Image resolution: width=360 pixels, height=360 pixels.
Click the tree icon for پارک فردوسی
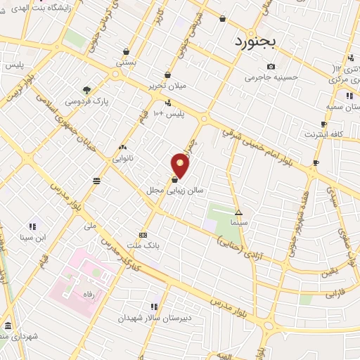click(86, 90)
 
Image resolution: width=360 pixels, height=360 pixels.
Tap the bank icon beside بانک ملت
click(143, 235)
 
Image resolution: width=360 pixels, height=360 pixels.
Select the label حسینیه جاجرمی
click(271, 77)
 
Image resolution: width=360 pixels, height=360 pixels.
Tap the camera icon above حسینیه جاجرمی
click(271, 67)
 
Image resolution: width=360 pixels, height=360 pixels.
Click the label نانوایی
click(123, 157)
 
